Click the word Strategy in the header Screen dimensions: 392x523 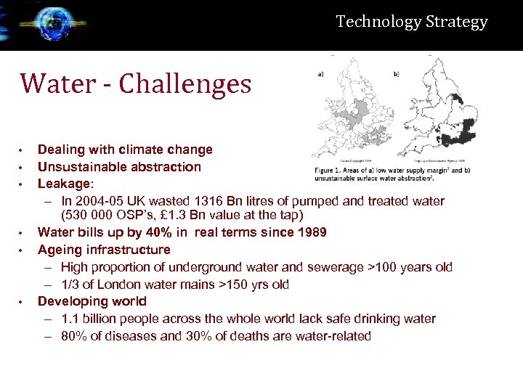[457, 22]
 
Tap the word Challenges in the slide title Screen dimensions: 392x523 [185, 84]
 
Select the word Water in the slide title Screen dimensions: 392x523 [57, 84]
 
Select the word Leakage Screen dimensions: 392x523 [64, 184]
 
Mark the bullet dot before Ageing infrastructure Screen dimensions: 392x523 [23, 250]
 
